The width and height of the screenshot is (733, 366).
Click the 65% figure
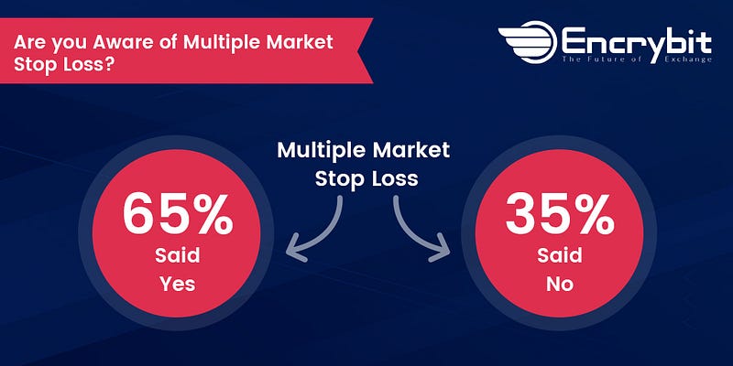tap(178, 214)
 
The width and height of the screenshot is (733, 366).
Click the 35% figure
tap(560, 214)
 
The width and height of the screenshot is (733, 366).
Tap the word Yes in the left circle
tap(177, 284)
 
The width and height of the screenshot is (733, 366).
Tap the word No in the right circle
tap(560, 284)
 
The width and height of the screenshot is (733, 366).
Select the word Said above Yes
tap(177, 256)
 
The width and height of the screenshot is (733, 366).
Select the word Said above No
tap(560, 256)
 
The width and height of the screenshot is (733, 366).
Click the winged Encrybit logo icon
tap(528, 42)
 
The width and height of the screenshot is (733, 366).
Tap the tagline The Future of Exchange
tap(637, 59)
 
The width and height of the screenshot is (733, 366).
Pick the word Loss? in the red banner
tap(90, 64)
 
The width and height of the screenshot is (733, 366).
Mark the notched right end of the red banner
tap(361, 51)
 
